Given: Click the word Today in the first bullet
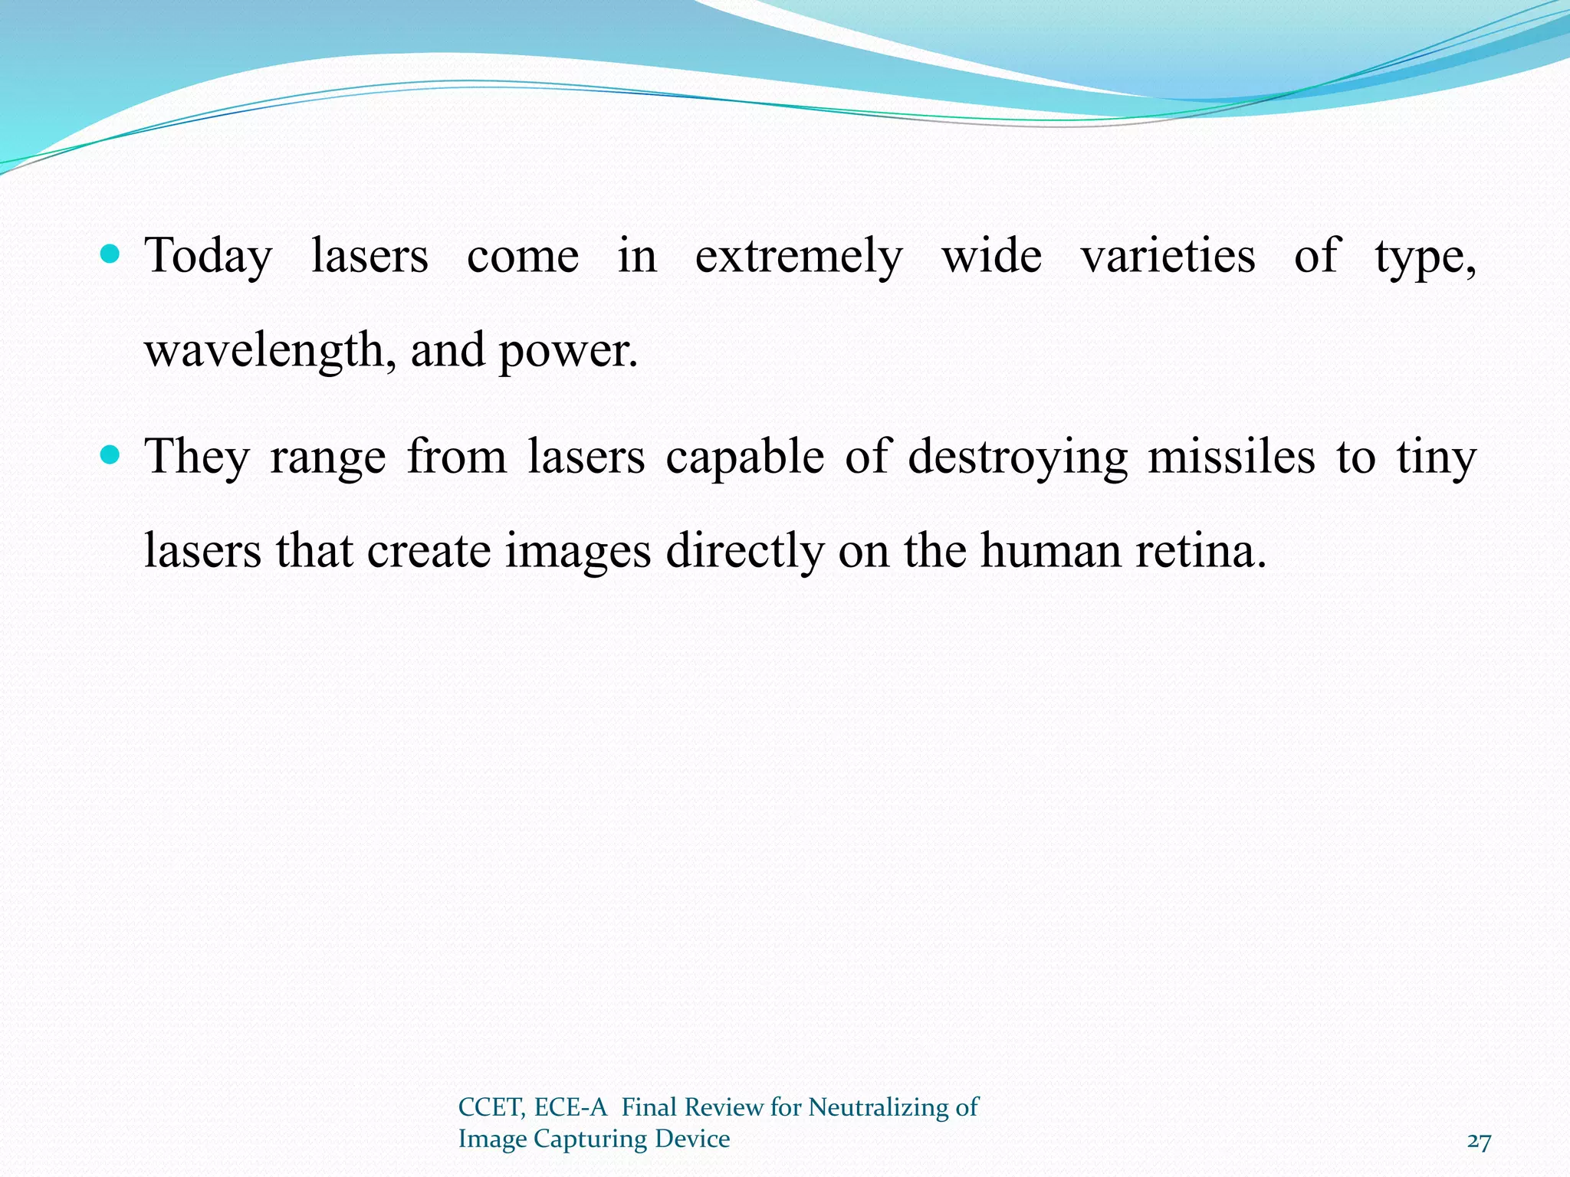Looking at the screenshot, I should pyautogui.click(x=209, y=257).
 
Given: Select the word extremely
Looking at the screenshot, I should pyautogui.click(x=799, y=257).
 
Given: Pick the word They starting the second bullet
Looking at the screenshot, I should pyautogui.click(x=197, y=457).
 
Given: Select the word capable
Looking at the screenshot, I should pyautogui.click(x=744, y=457).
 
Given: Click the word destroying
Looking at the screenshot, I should pyautogui.click(x=1017, y=457).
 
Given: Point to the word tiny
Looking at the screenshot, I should pyautogui.click(x=1436, y=457).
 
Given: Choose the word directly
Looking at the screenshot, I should pyautogui.click(x=744, y=552).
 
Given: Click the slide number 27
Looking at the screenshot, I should pyautogui.click(x=1479, y=1142).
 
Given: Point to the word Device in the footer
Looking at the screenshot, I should pyautogui.click(x=693, y=1139).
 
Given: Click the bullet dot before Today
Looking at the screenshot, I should pyautogui.click(x=110, y=254).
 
